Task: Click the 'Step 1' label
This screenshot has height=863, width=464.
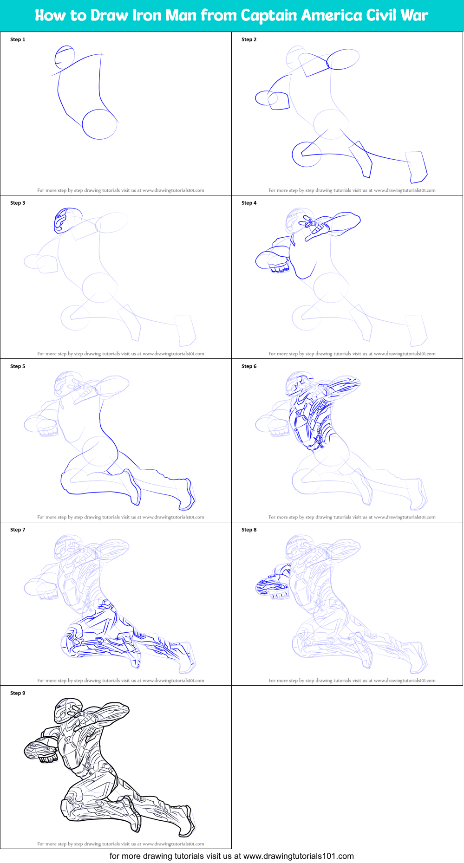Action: click(x=18, y=39)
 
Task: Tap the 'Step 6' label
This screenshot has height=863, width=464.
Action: click(x=249, y=366)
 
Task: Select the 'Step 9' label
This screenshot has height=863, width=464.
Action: click(x=18, y=693)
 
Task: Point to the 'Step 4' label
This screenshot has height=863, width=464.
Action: click(x=249, y=203)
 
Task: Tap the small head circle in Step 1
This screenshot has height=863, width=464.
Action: click(x=65, y=57)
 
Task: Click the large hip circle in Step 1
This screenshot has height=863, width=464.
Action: click(x=99, y=124)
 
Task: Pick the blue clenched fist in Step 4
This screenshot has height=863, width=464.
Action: click(x=279, y=266)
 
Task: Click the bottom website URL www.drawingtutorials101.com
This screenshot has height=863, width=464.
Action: click(x=298, y=856)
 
